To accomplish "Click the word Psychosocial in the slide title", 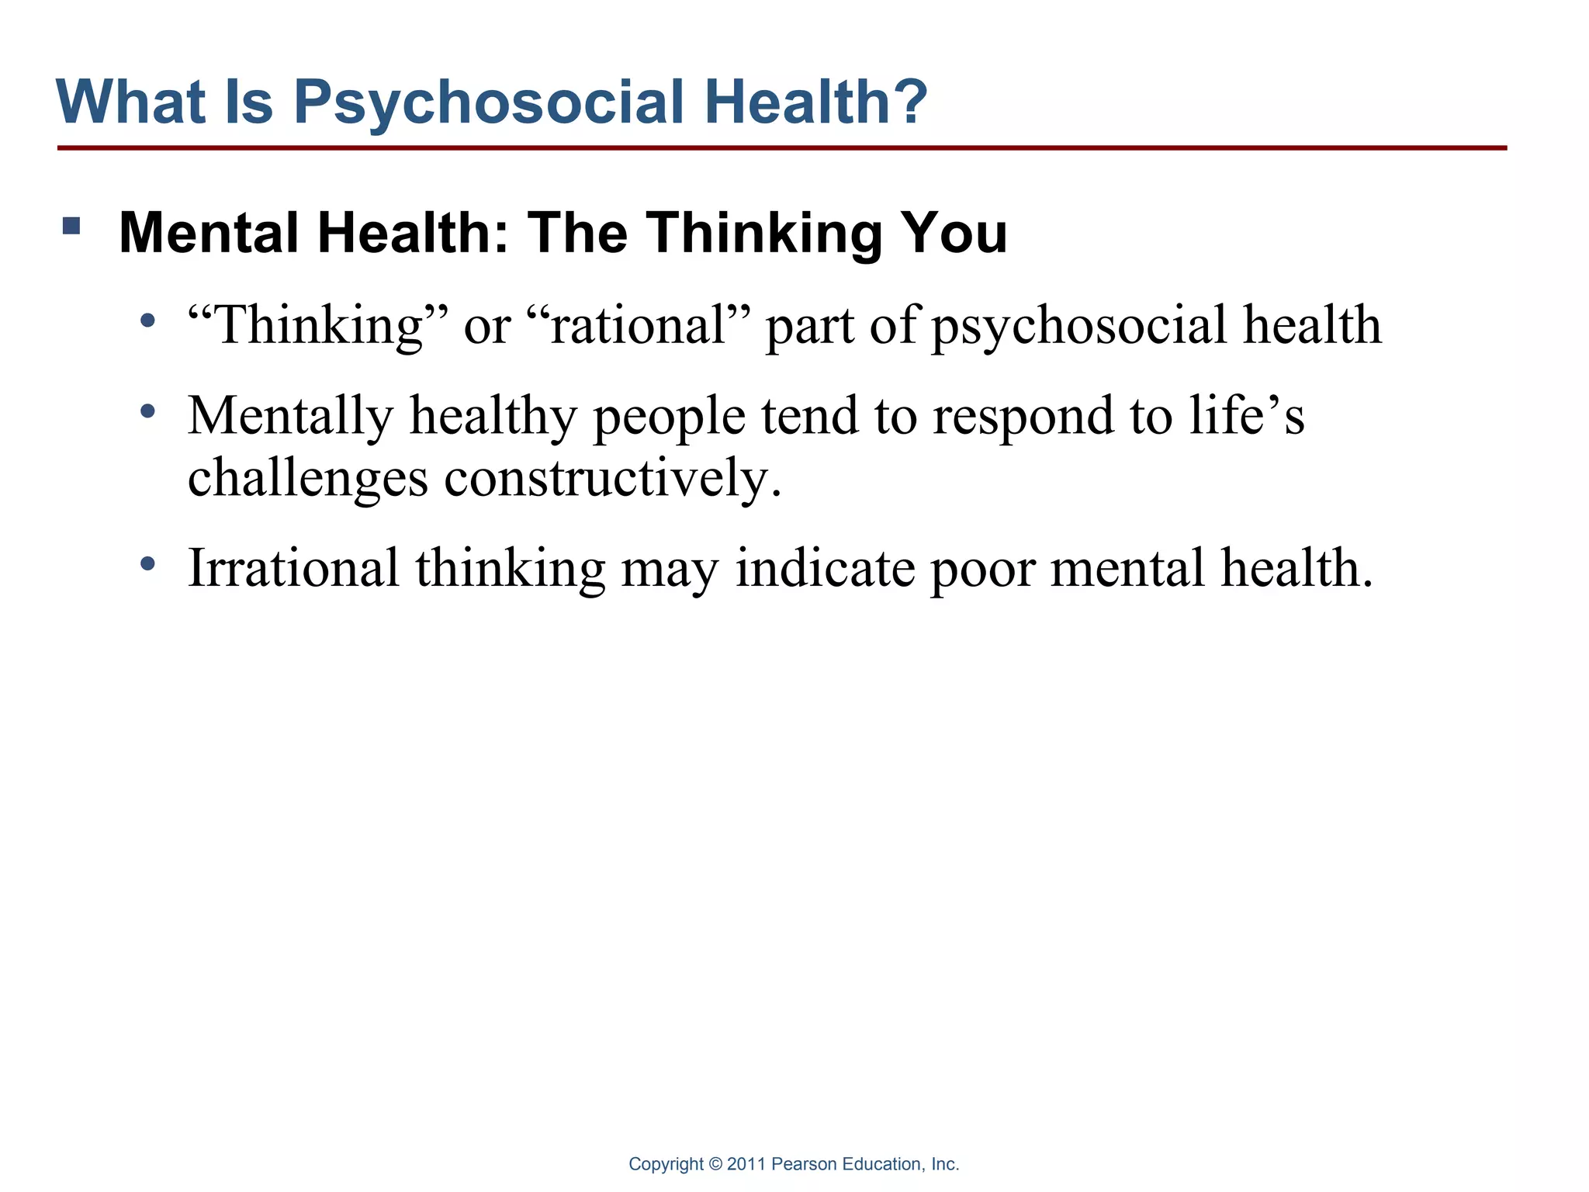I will [489, 102].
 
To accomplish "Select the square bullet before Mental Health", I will [71, 226].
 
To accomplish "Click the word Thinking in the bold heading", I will [763, 233].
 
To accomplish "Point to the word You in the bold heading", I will [953, 233].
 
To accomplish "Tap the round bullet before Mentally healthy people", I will [147, 411].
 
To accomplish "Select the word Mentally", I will [291, 418].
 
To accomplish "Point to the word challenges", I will [308, 479].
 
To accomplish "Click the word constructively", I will [613, 477].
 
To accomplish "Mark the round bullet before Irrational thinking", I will [147, 563].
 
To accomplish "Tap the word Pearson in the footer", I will [805, 1164].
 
